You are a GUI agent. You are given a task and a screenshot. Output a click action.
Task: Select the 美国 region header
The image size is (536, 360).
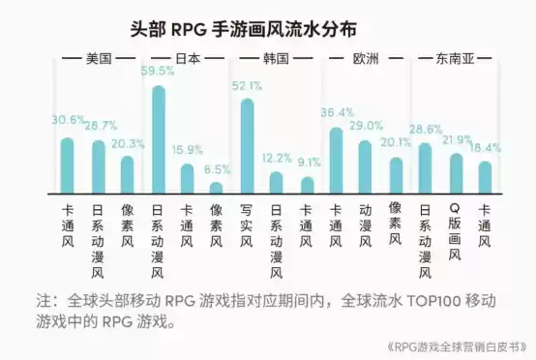pyautogui.click(x=99, y=58)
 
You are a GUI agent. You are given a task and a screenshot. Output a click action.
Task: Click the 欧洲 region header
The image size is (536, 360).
pyautogui.click(x=366, y=58)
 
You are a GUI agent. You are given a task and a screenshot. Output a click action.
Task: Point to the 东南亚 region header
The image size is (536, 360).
pyautogui.click(x=454, y=58)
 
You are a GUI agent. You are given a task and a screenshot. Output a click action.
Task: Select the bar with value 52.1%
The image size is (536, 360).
pyautogui.click(x=247, y=145)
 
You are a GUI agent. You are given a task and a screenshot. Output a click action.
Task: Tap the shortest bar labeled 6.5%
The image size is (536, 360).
pyautogui.click(x=217, y=187)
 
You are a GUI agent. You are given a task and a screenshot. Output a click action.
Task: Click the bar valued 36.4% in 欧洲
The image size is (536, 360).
pyautogui.click(x=336, y=160)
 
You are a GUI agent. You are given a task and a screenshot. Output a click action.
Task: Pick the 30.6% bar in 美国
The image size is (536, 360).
pyautogui.click(x=68, y=165)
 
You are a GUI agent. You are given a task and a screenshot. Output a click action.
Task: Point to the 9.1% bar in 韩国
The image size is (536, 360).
pyautogui.click(x=307, y=184)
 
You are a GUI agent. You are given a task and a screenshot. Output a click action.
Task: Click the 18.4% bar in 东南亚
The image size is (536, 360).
pyautogui.click(x=485, y=176)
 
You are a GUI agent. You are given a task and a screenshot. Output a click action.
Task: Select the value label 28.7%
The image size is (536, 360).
pyautogui.click(x=98, y=126)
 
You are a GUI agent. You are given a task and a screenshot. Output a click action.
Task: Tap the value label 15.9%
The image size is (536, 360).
pyautogui.click(x=188, y=149)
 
